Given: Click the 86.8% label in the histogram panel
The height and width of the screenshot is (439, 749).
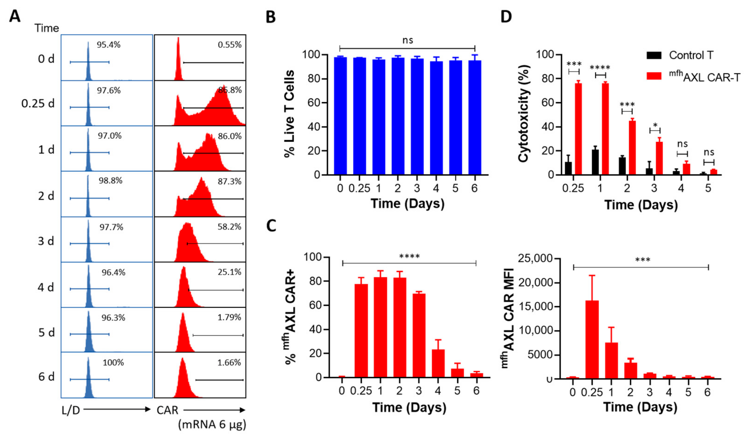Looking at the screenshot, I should [x=230, y=90].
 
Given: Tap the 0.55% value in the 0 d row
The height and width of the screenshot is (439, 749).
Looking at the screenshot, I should [x=229, y=45].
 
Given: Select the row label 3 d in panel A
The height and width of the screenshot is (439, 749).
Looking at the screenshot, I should [x=46, y=241].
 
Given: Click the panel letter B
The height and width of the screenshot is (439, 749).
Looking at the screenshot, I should [x=270, y=17].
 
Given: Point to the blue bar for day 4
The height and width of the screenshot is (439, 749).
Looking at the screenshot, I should [x=436, y=119].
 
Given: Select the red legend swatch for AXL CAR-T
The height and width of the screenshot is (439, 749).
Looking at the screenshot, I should [x=654, y=76].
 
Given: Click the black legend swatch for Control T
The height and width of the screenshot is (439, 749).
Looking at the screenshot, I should [x=654, y=55].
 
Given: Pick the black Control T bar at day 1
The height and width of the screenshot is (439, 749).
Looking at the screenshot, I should [x=595, y=162].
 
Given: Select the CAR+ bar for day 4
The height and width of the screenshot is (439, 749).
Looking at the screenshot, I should [x=438, y=363].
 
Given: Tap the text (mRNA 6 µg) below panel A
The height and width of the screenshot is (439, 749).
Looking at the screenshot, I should [x=212, y=424].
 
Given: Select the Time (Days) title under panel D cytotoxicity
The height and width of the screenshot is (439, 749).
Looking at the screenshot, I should [x=641, y=205].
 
